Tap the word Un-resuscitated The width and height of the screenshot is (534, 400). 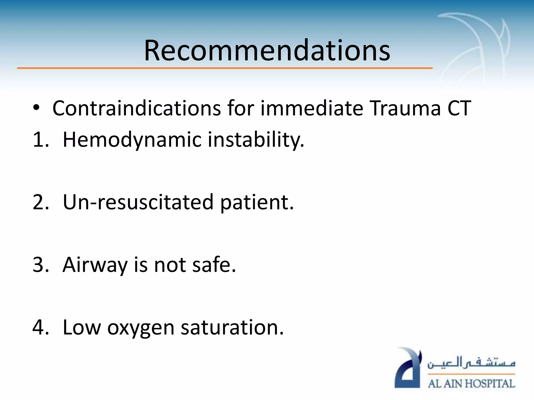click(138, 202)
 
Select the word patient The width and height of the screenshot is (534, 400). click(257, 203)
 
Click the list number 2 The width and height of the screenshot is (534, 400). click(40, 202)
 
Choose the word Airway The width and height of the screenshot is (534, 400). click(95, 265)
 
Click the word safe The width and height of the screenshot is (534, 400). click(214, 265)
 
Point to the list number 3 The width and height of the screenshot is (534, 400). click(40, 265)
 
